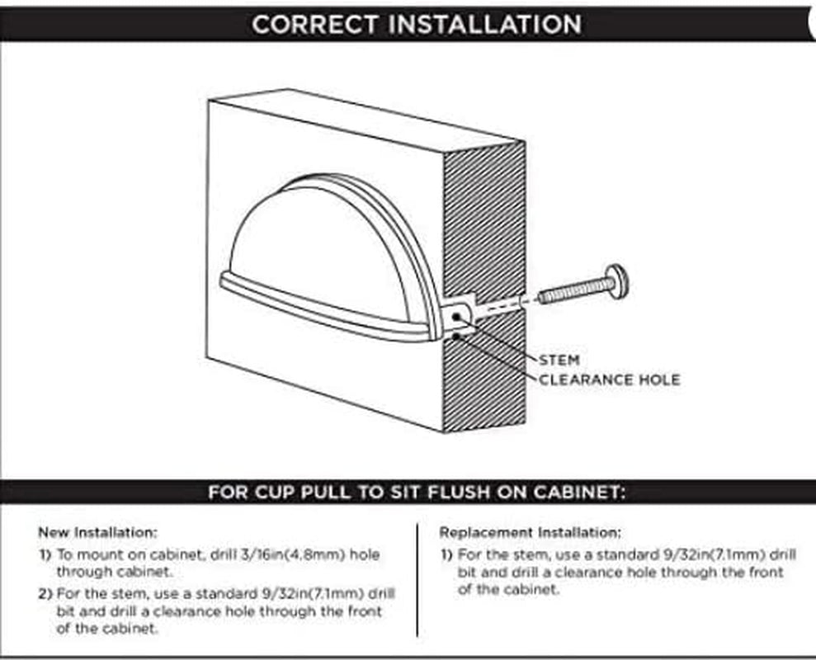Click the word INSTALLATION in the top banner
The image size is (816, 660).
485,25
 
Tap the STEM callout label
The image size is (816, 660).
559,361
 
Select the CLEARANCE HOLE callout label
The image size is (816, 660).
610,380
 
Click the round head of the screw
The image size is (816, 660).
617,281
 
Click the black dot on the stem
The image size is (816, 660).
457,316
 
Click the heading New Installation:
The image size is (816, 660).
97,532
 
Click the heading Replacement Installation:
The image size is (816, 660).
531,532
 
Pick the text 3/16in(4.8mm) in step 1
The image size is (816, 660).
293,554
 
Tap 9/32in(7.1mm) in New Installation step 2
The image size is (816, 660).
312,593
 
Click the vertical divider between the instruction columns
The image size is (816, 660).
417,579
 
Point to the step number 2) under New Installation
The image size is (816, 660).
45,594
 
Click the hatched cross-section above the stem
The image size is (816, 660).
484,219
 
